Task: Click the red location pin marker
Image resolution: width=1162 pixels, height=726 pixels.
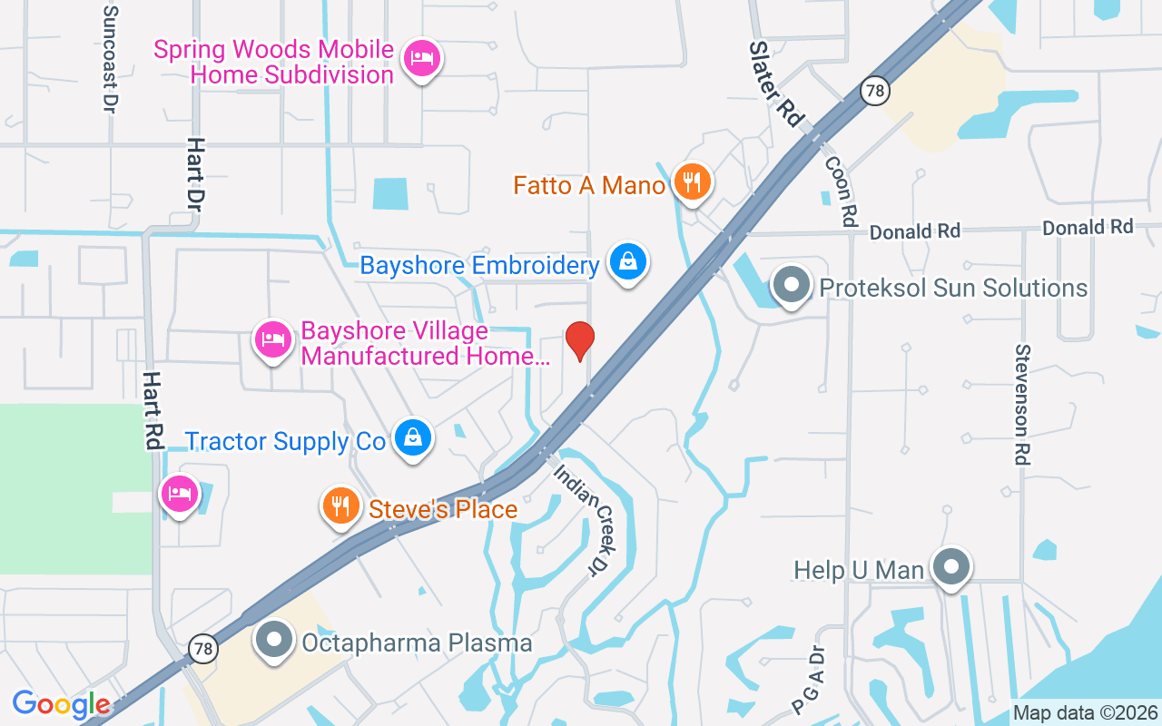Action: point(580,341)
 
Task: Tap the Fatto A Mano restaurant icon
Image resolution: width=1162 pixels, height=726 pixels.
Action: point(692,184)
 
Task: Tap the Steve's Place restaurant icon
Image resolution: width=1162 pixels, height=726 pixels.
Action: point(340,507)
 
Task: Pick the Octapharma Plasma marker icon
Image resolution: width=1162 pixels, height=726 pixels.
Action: point(273,641)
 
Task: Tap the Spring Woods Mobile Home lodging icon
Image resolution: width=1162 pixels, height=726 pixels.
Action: point(420,59)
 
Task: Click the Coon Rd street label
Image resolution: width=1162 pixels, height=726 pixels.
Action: point(842,191)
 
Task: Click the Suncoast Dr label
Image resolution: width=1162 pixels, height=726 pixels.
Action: point(111,59)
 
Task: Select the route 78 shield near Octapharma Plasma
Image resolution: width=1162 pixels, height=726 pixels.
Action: point(204,649)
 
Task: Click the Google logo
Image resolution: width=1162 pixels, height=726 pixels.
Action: point(62,703)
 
